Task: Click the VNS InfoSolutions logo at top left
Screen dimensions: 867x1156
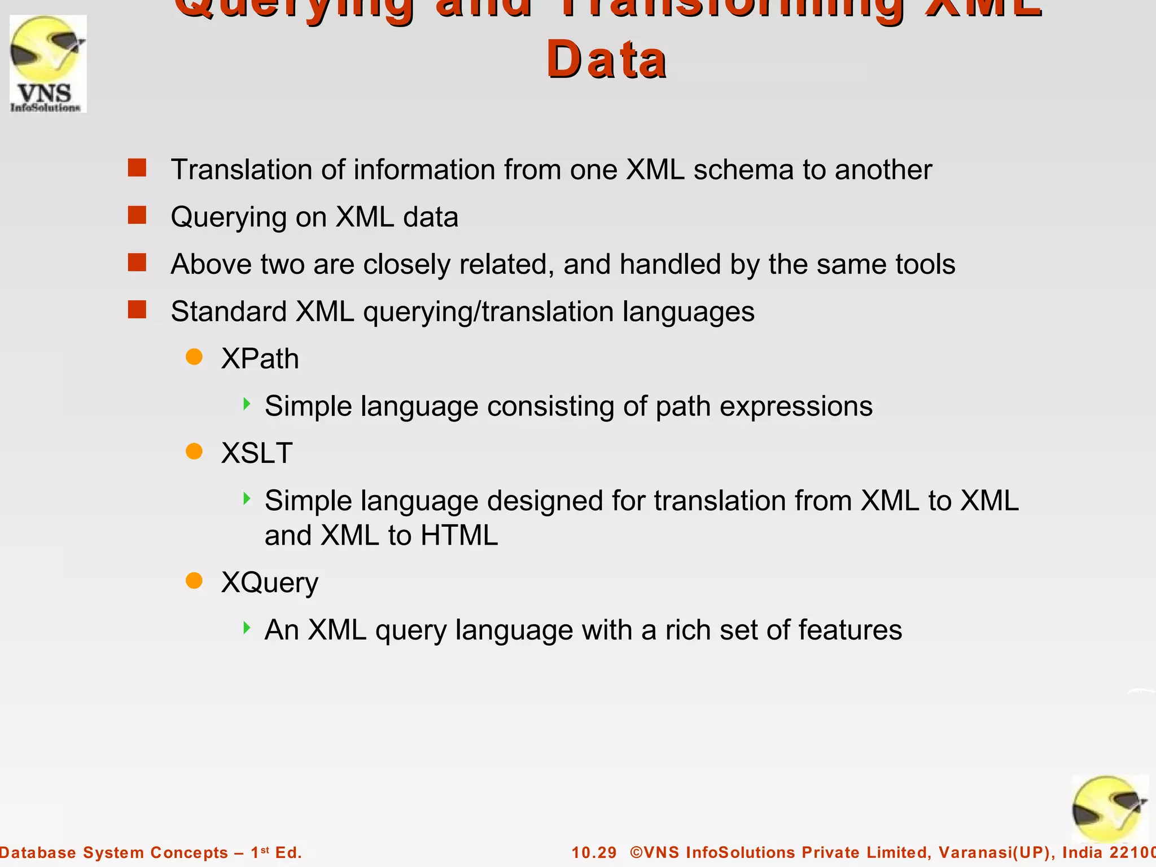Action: point(48,64)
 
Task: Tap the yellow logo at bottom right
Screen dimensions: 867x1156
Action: point(1109,809)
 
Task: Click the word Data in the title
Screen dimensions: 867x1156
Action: point(607,60)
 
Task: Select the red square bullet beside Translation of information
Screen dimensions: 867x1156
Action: point(137,168)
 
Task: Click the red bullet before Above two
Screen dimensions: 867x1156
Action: point(137,262)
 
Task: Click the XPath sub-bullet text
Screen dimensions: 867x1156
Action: point(260,359)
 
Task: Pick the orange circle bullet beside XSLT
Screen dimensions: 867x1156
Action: point(194,452)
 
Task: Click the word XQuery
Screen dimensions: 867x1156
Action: point(269,583)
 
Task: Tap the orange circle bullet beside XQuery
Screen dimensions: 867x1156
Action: point(194,580)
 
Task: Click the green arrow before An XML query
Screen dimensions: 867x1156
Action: point(247,628)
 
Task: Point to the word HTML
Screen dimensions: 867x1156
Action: point(459,535)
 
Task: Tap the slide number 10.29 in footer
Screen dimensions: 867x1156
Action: point(594,852)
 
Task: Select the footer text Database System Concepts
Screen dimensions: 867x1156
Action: point(113,852)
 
